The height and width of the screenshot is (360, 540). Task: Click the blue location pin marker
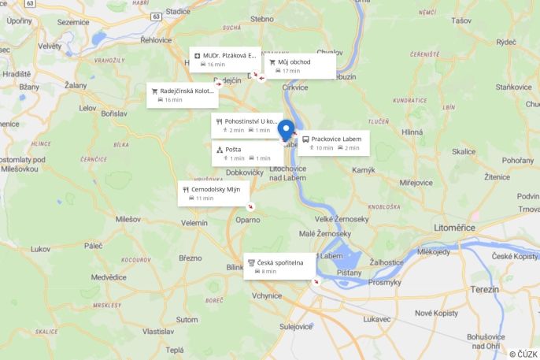(286, 130)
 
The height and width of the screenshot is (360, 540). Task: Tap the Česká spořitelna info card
(279, 266)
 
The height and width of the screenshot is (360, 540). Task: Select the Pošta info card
(247, 153)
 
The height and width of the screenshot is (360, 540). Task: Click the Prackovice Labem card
(333, 143)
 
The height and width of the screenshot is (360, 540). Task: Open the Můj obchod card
(300, 65)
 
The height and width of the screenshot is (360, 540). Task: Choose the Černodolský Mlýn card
(213, 193)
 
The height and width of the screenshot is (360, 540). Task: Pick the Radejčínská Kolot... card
(183, 95)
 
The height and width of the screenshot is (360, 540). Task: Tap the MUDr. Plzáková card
(226, 60)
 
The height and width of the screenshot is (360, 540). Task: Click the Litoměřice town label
(455, 227)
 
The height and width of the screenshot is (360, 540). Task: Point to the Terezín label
(485, 290)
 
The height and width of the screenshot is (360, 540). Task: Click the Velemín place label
(194, 223)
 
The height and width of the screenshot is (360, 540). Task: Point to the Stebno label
(262, 18)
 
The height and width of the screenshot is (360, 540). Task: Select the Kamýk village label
(364, 170)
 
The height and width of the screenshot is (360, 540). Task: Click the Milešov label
(128, 219)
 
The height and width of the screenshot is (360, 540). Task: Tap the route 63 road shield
(157, 15)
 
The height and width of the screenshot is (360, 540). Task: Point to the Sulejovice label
(296, 325)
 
